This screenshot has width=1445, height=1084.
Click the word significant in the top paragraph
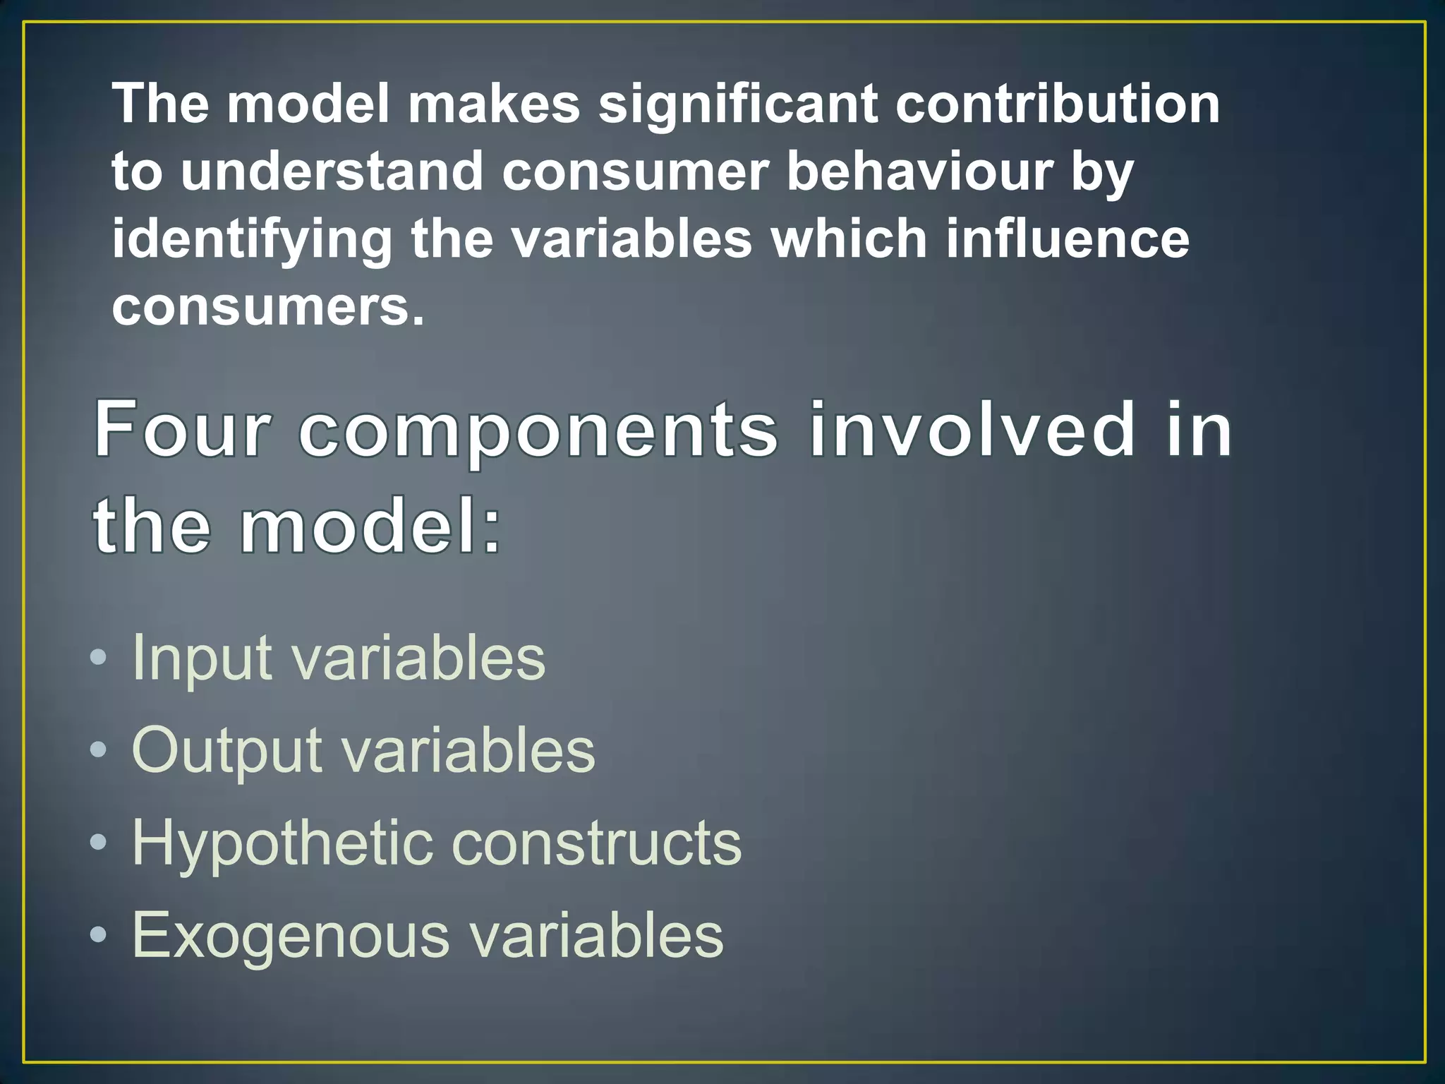pyautogui.click(x=738, y=104)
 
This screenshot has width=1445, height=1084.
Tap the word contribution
pyautogui.click(x=1058, y=104)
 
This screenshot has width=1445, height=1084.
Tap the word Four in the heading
pyautogui.click(x=183, y=429)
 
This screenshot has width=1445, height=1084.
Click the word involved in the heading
pyautogui.click(x=973, y=429)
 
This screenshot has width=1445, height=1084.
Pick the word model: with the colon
pyautogui.click(x=370, y=525)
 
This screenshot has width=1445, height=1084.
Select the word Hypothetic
pyautogui.click(x=282, y=843)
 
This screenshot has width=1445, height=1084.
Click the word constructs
pyautogui.click(x=596, y=843)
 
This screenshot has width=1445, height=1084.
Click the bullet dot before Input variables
pyautogui.click(x=99, y=658)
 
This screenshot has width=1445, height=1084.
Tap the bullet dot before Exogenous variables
pyautogui.click(x=99, y=935)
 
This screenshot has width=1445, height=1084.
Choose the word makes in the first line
pyautogui.click(x=494, y=104)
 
